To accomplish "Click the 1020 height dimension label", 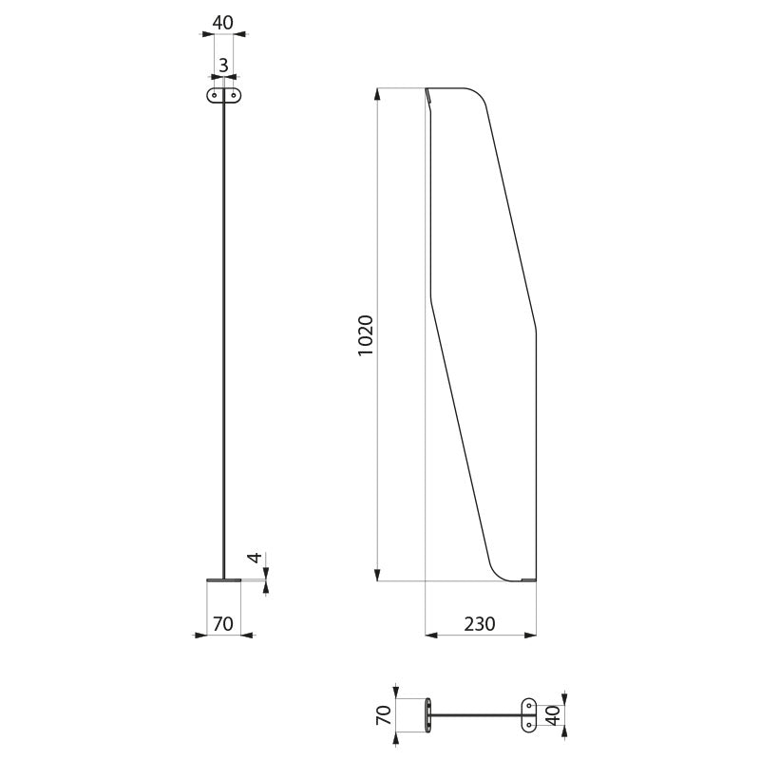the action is (366, 335).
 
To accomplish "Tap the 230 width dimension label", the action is (480, 624).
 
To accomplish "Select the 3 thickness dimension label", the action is (223, 65).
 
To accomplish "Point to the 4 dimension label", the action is (255, 558).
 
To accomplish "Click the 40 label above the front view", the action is (223, 23).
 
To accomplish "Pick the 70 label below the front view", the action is (223, 624).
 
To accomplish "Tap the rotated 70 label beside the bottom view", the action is (384, 715).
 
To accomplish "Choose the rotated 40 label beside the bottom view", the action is (553, 715).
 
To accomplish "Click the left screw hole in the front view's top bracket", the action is (215, 96).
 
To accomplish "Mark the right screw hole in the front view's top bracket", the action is (233, 96).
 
